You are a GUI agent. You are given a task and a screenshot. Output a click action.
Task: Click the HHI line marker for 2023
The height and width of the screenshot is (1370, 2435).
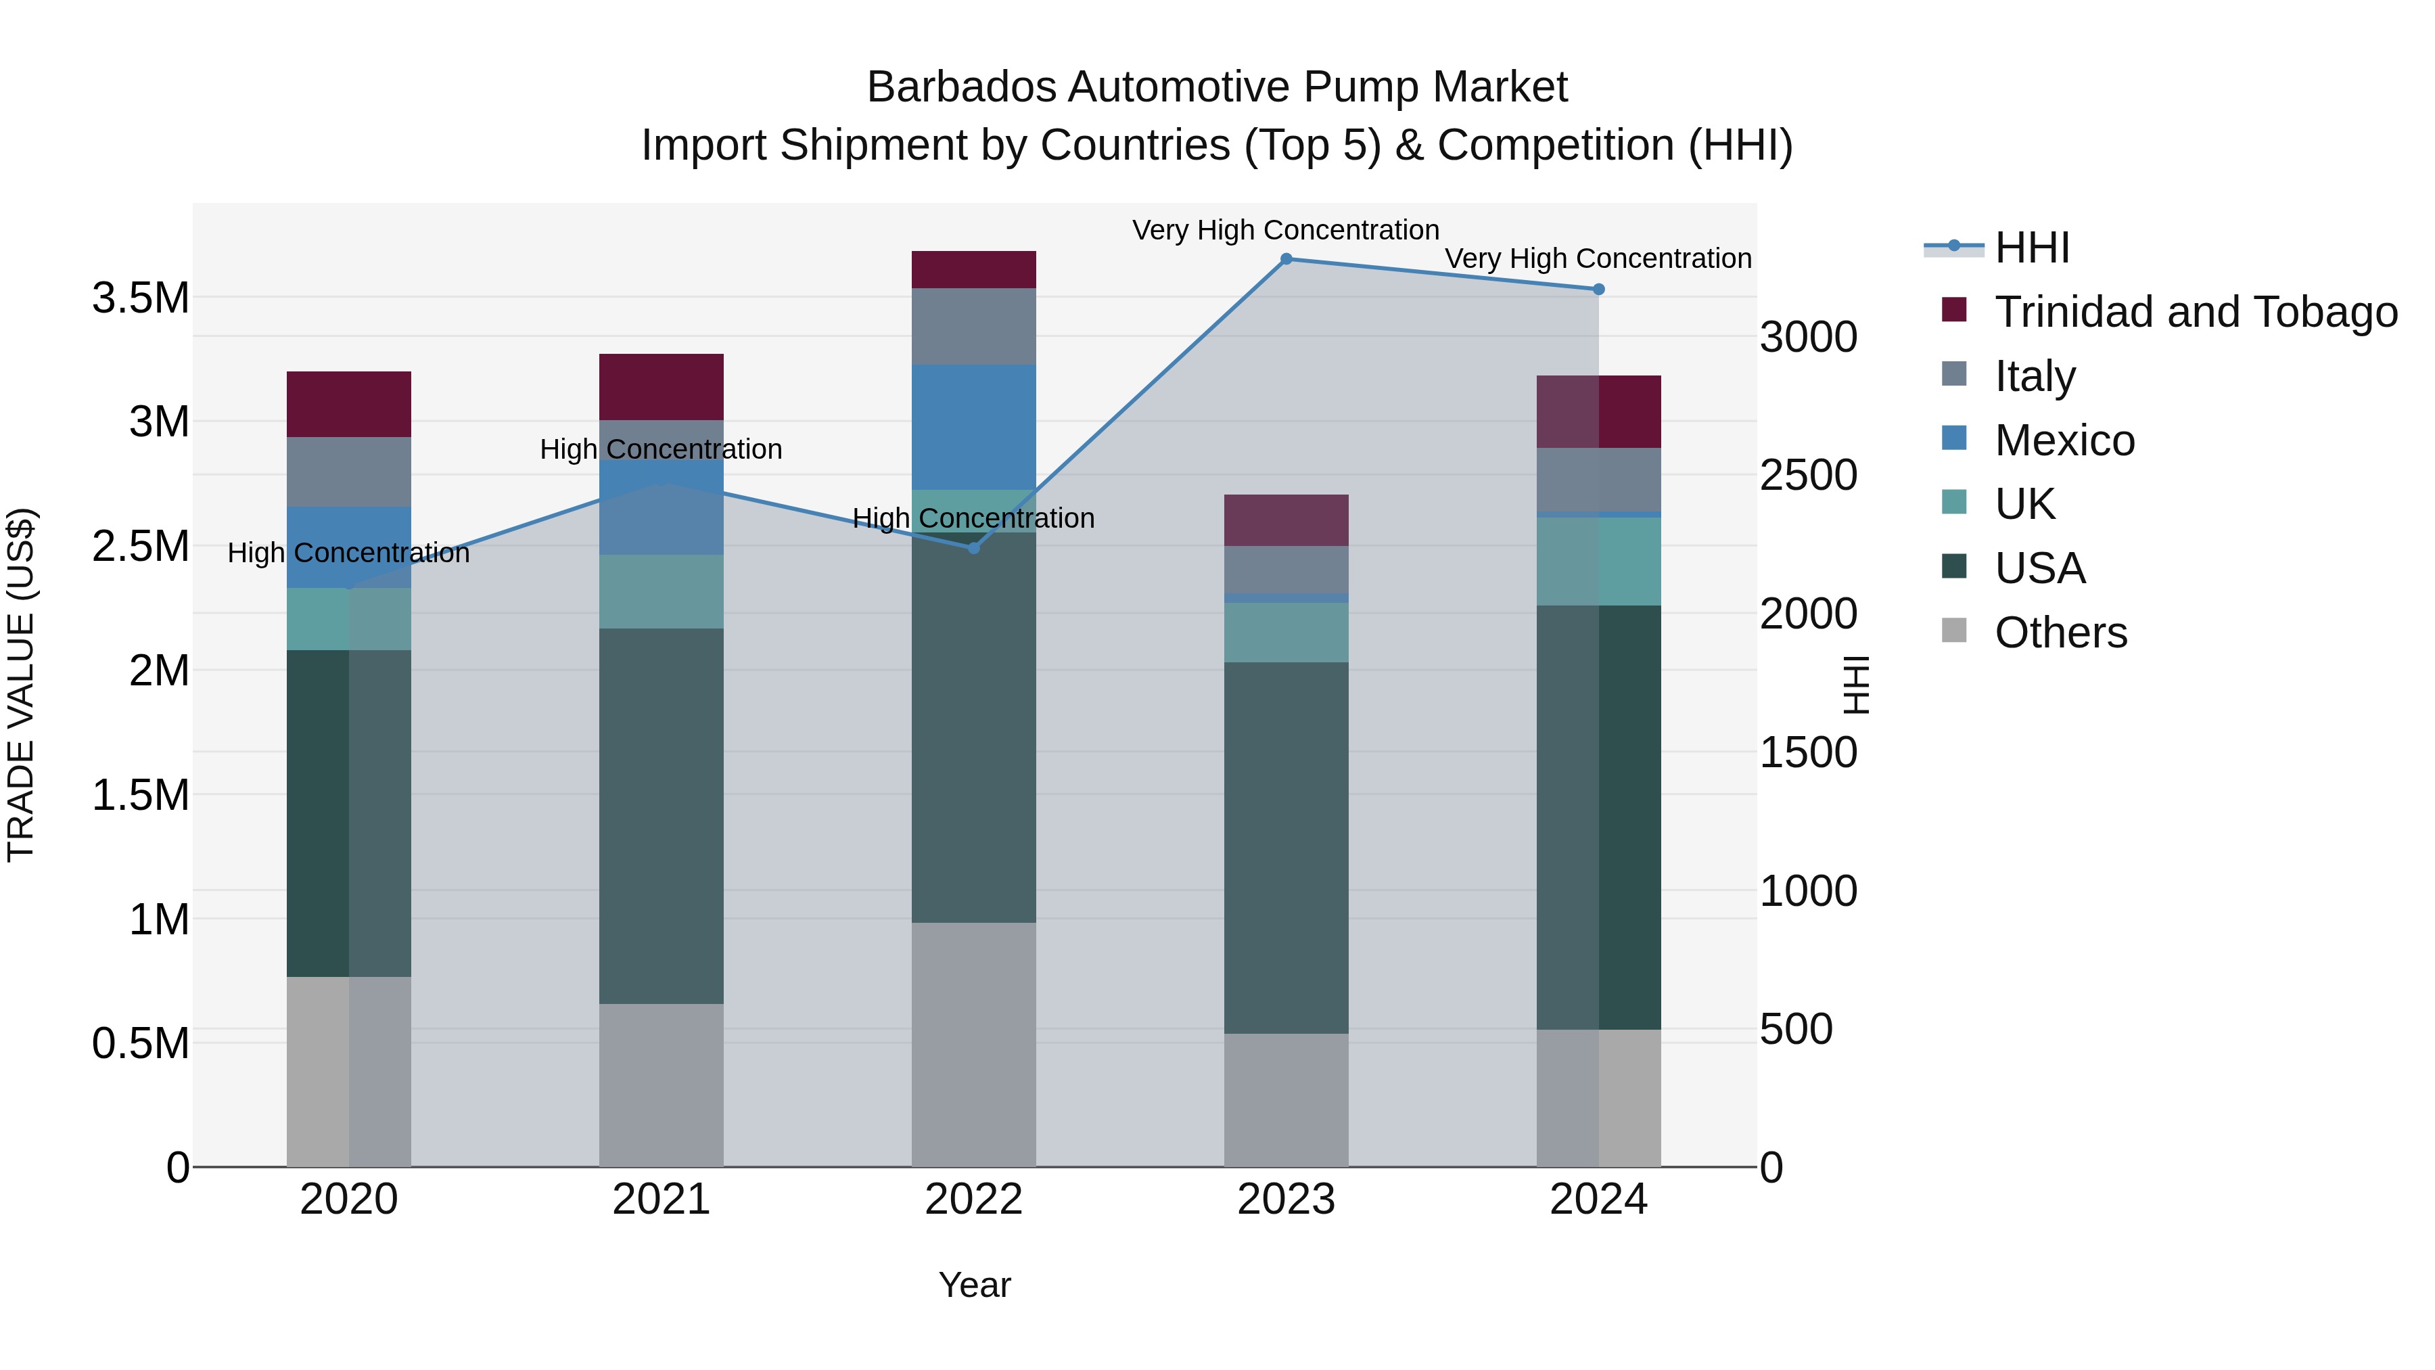[1286, 259]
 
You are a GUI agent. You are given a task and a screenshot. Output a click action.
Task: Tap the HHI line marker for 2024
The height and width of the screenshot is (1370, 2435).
[1598, 290]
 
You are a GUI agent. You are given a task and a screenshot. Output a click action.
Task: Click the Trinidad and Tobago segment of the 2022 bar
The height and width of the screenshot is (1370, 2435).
[973, 269]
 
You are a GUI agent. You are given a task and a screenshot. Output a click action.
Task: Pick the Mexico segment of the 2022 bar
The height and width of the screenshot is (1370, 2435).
[973, 428]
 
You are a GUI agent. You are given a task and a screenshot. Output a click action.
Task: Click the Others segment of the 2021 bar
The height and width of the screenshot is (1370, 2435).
[661, 1084]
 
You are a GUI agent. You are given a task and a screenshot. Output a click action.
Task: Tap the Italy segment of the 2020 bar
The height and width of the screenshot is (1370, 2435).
[349, 472]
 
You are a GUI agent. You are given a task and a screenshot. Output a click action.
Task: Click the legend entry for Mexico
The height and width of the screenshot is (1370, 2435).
[2064, 440]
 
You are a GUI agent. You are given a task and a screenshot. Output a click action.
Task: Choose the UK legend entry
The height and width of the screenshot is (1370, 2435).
[2024, 504]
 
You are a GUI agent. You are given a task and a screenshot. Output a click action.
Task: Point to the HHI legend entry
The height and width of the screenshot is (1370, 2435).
[2031, 248]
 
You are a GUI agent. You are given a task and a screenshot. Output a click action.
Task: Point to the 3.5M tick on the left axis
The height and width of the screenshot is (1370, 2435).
[140, 298]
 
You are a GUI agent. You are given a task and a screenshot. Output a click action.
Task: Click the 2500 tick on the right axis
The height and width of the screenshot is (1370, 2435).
[1808, 476]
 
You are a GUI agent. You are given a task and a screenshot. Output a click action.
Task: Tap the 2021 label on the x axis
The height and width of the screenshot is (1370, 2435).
[661, 1200]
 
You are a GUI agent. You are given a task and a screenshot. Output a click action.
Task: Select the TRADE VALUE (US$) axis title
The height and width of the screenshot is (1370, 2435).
[21, 685]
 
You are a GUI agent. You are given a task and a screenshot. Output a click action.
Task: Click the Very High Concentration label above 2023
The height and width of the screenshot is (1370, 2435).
[1286, 230]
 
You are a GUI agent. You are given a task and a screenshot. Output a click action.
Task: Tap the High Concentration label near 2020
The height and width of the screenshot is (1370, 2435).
[349, 553]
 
